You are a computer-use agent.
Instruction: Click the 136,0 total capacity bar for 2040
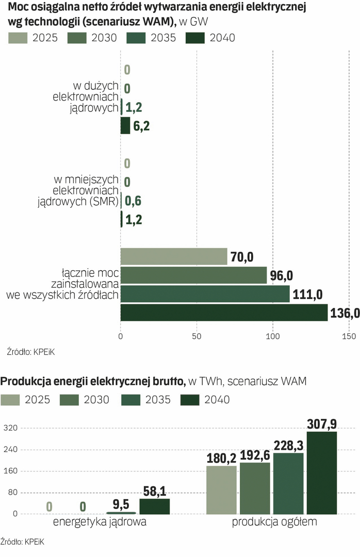[x=224, y=313]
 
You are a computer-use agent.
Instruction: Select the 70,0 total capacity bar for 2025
[x=174, y=256]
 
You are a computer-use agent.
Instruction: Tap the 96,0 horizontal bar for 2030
[x=193, y=275]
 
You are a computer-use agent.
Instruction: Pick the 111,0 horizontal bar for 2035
[x=205, y=294]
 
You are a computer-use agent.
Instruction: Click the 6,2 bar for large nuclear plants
[x=125, y=125]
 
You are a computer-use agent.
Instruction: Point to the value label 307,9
[x=321, y=424]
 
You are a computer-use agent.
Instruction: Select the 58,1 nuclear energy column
[x=154, y=506]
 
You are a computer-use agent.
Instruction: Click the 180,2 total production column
[x=221, y=490]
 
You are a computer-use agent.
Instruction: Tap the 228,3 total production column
[x=288, y=483]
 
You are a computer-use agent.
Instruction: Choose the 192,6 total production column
[x=255, y=488]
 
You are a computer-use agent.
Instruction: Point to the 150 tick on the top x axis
[x=349, y=337]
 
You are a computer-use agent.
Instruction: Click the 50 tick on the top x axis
[x=197, y=337]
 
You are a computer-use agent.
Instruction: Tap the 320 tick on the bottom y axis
[x=11, y=428]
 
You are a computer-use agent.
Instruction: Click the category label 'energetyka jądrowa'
[x=100, y=522]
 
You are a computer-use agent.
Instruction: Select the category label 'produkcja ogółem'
[x=274, y=522]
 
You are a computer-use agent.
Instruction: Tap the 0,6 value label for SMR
[x=133, y=201]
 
